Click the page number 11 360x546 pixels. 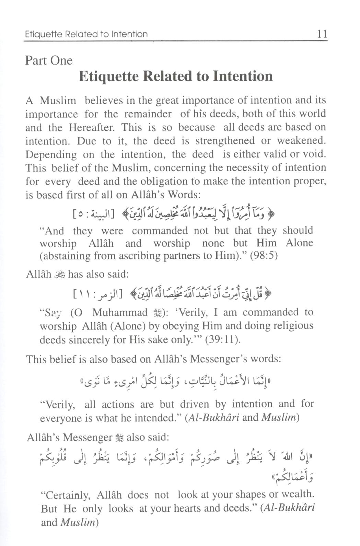[322, 34]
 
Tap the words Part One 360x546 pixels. [49, 60]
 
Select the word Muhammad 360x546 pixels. [120, 313]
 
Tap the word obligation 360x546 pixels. [159, 181]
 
